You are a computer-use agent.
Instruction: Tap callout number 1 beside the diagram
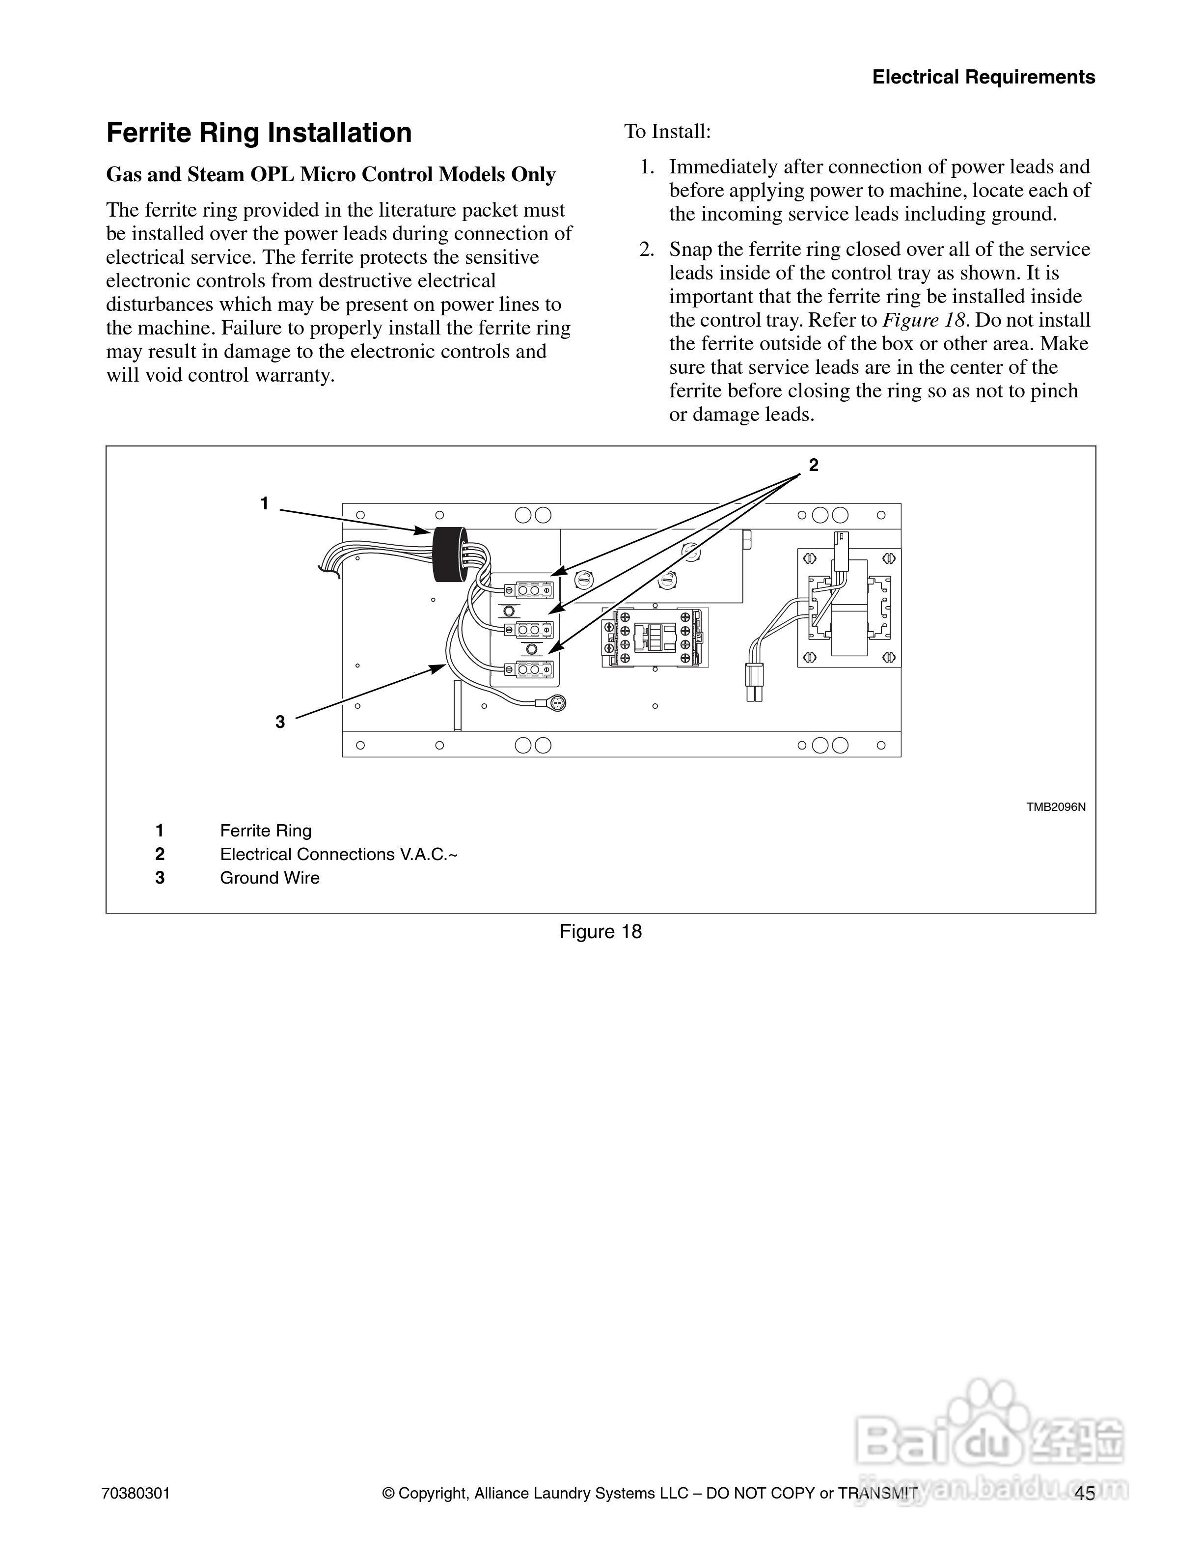[264, 504]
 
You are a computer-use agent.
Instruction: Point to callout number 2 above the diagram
[813, 465]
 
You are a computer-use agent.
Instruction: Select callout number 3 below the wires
[280, 722]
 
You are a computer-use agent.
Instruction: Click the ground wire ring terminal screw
[558, 703]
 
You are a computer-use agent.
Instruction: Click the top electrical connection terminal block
[528, 590]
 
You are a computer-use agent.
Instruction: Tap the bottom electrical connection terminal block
[528, 670]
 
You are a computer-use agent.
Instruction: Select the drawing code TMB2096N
[1055, 807]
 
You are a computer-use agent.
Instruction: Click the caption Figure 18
[601, 932]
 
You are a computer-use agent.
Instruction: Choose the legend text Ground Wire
[269, 878]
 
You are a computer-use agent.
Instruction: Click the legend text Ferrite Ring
[266, 831]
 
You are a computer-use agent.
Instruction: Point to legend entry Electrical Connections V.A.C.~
[338, 854]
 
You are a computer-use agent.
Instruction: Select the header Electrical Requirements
[983, 77]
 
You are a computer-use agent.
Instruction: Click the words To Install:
[667, 132]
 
